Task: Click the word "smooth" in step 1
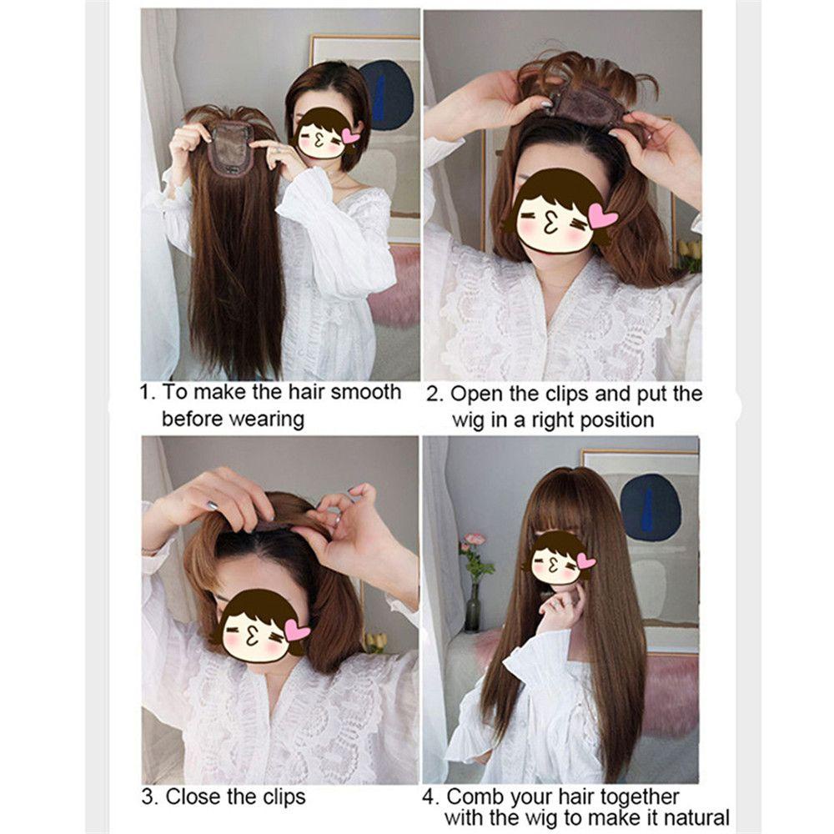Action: [365, 392]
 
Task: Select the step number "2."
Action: [435, 394]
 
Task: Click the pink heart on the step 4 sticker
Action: [585, 561]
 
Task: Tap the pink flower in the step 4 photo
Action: [475, 540]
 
